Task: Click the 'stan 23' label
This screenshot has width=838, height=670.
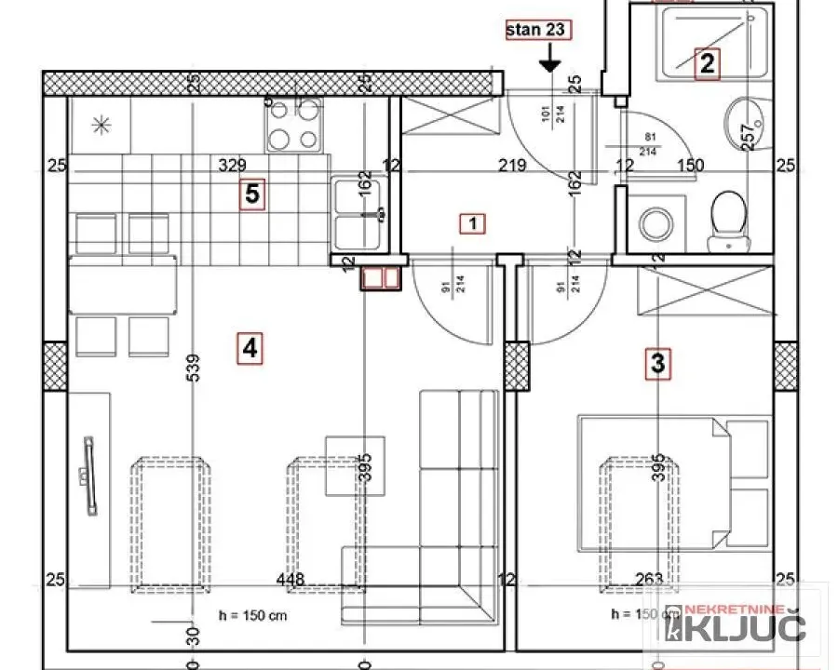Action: coord(535,29)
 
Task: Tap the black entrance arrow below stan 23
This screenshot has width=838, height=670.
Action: coord(549,60)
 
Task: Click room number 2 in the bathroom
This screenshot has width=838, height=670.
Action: coord(707,64)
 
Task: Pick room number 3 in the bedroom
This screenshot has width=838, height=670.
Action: coord(657,364)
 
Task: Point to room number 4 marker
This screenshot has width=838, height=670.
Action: coord(249,348)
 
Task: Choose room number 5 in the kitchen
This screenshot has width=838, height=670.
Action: coord(251,194)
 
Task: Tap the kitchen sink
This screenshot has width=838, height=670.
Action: coord(359,213)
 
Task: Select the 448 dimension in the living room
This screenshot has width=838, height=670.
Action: coord(291,580)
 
